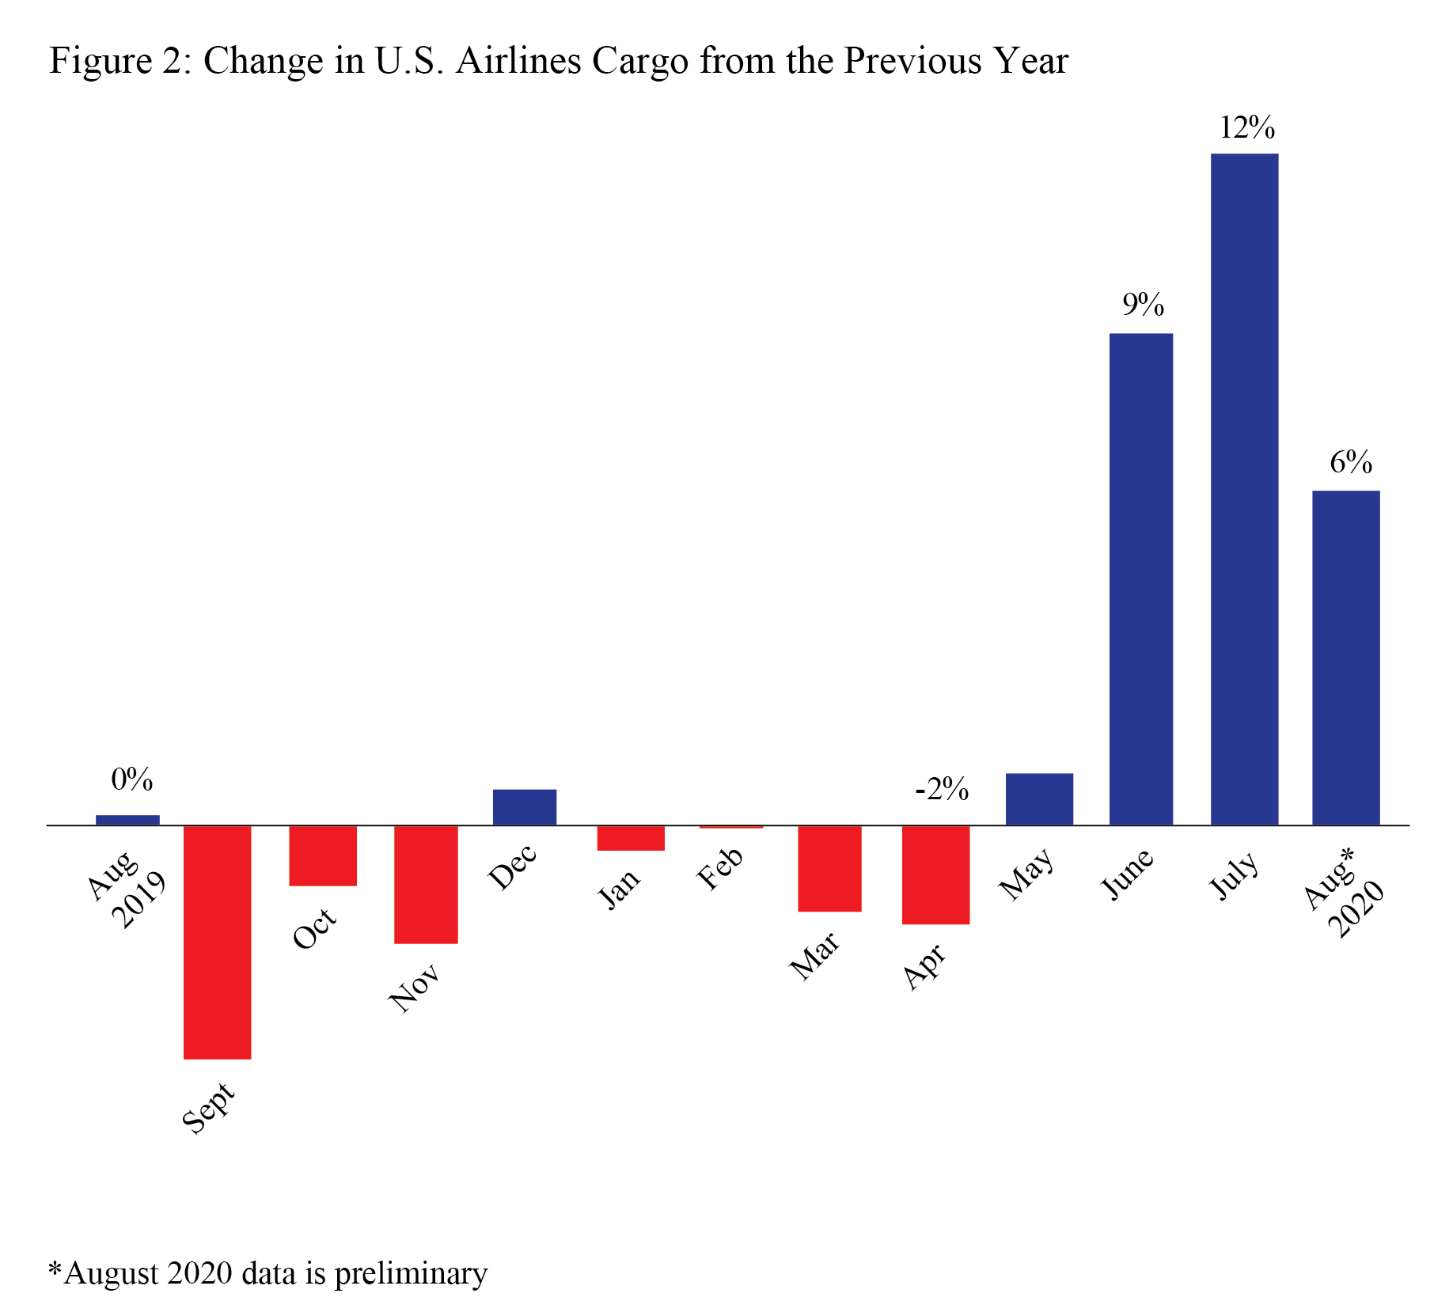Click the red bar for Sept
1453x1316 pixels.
tap(217, 942)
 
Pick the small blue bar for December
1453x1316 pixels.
tap(524, 807)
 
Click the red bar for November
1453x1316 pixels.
tap(426, 884)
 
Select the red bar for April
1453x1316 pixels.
tap(935, 874)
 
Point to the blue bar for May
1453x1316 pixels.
tap(1039, 799)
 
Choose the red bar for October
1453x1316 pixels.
tap(323, 855)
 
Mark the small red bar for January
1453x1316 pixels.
tap(631, 838)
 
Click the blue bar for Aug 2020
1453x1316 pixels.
tap(1345, 658)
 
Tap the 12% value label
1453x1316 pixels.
tap(1246, 127)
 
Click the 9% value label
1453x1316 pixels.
tap(1143, 305)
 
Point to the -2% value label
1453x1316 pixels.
tap(941, 790)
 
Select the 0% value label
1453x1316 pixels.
tap(131, 779)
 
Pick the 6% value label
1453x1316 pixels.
tap(1350, 462)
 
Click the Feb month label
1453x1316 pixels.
tap(719, 868)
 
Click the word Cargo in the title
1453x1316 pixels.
tap(639, 61)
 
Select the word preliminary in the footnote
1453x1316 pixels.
tap(411, 1272)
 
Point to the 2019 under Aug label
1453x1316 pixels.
tap(139, 900)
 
